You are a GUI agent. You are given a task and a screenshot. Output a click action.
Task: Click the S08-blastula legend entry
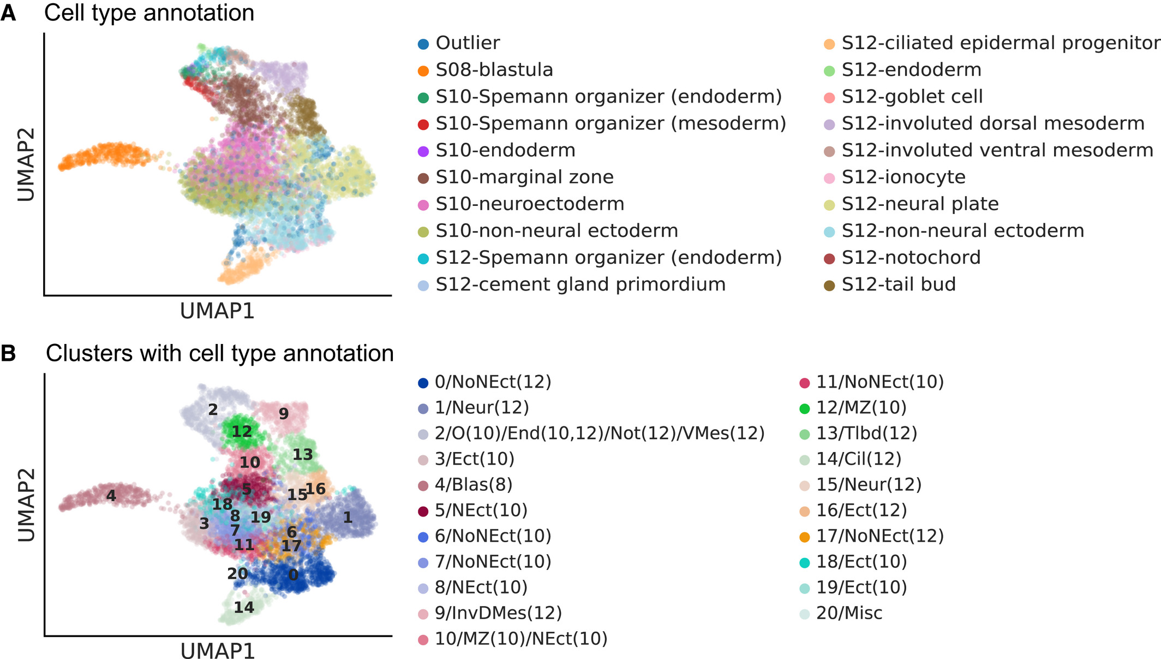[x=494, y=70]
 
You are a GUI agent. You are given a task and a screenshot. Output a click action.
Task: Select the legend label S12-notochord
[x=911, y=258]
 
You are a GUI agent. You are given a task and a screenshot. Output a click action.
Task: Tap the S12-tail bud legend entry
[x=898, y=284]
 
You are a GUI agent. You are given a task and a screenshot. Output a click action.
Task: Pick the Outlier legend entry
[x=468, y=43]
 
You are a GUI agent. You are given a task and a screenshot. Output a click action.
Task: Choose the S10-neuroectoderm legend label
[x=529, y=204]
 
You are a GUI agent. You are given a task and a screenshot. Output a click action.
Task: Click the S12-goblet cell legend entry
[x=912, y=97]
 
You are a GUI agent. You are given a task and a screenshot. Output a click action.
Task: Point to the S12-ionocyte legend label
[x=903, y=177]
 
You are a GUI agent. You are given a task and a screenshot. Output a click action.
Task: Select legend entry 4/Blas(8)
[x=473, y=484]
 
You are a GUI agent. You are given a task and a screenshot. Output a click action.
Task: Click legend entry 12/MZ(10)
[x=860, y=407]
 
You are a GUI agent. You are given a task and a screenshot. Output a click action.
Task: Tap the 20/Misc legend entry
[x=848, y=613]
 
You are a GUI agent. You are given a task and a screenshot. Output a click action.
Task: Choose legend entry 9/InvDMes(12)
[x=498, y=613]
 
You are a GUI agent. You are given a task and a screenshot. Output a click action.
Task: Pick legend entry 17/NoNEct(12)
[x=879, y=536]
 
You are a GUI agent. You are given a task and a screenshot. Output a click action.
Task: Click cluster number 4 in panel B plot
[x=111, y=496]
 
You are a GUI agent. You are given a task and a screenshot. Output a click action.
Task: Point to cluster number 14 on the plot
[x=244, y=607]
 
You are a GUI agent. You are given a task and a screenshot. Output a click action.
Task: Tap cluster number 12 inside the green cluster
[x=242, y=432]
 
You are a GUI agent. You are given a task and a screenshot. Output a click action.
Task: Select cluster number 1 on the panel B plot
[x=348, y=517]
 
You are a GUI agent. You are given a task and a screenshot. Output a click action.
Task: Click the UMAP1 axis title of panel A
[x=217, y=311]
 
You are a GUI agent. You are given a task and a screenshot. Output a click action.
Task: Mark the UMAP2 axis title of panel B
[x=26, y=504]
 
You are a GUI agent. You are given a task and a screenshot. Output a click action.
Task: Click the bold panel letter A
[x=8, y=13]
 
